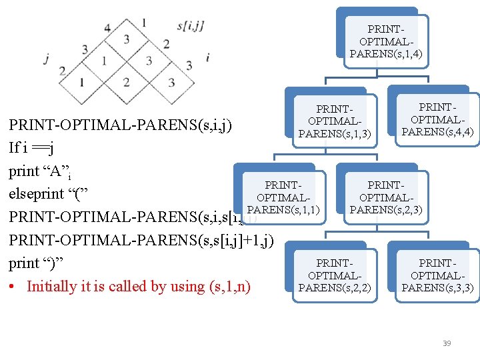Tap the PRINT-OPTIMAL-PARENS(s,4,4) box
(437, 119)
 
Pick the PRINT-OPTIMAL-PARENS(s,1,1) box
(283, 197)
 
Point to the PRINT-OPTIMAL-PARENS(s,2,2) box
(334, 275)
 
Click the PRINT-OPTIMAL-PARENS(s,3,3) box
(437, 275)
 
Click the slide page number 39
(447, 343)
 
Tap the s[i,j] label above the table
(191, 26)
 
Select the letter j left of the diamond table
(46, 59)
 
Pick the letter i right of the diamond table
(208, 57)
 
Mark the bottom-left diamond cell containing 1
(81, 83)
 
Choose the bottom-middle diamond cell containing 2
(127, 83)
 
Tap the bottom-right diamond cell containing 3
(171, 83)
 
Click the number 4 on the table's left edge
(107, 28)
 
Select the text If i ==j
(31, 147)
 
